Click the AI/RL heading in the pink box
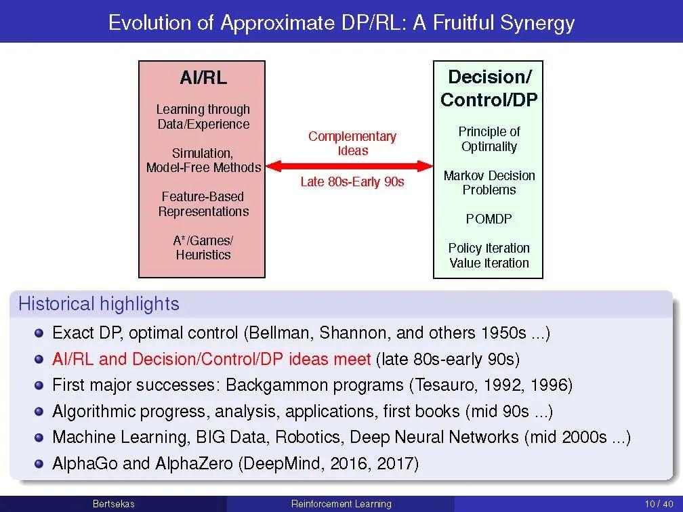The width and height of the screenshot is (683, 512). (x=203, y=78)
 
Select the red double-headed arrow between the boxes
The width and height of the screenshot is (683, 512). (x=349, y=165)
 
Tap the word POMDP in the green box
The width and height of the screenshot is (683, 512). (x=489, y=219)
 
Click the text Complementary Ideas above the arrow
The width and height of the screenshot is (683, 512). (x=352, y=144)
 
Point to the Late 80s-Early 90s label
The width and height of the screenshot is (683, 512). (x=352, y=182)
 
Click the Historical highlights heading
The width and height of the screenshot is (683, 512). (x=99, y=304)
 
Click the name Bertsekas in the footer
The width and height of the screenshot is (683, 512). (x=113, y=504)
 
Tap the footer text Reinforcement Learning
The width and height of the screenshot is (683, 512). (x=341, y=504)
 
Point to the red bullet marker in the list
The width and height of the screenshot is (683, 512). (x=39, y=359)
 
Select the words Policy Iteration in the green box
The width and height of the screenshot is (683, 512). (x=489, y=248)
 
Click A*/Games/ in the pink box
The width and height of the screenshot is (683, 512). (x=203, y=240)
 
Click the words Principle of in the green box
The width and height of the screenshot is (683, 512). (x=489, y=131)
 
